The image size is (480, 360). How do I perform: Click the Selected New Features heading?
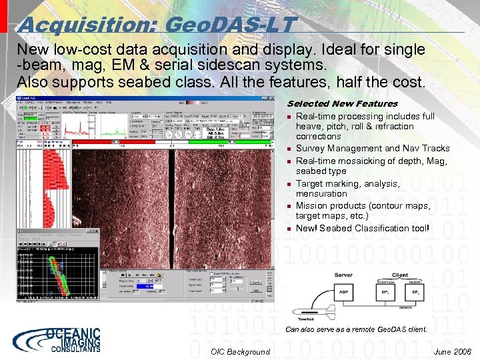click(342, 103)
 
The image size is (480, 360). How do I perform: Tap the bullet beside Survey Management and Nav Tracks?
click(289, 149)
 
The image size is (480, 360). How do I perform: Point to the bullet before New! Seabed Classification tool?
click(289, 229)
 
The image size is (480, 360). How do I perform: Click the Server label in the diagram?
click(343, 275)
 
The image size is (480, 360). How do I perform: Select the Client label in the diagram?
click(400, 275)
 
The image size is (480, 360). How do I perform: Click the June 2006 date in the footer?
click(451, 351)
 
